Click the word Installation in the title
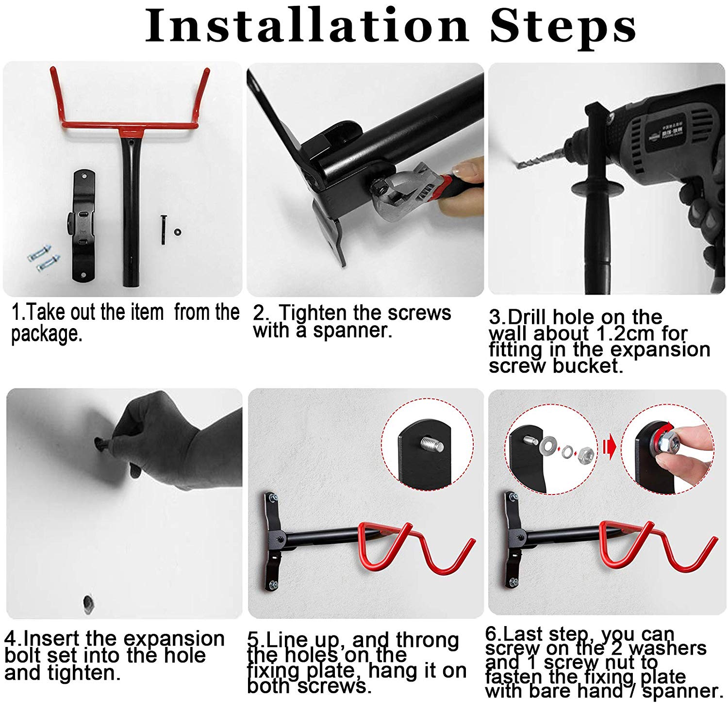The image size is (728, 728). tap(307, 26)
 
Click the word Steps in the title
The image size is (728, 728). tap(563, 26)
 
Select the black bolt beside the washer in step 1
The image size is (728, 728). tap(164, 230)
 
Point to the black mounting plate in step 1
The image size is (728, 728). tap(83, 226)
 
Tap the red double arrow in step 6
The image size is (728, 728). tap(609, 446)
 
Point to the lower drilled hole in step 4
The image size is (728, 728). tap(88, 604)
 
